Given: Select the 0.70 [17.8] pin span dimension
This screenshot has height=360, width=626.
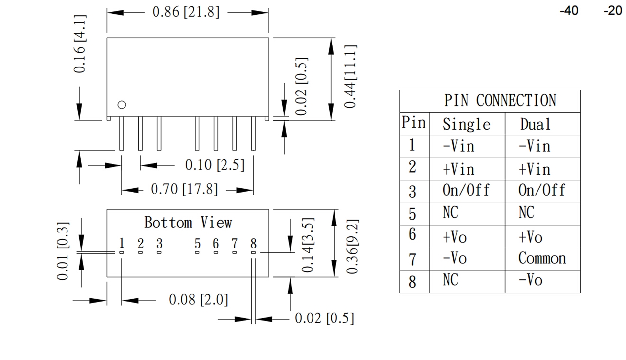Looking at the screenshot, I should (x=184, y=190).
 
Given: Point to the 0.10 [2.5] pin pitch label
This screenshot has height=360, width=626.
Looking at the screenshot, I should (x=214, y=165).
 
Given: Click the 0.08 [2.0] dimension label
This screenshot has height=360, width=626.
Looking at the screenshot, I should (x=198, y=300).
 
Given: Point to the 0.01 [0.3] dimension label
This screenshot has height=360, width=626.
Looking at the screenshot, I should (x=63, y=250).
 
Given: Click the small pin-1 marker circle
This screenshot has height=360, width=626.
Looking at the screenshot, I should (x=122, y=104).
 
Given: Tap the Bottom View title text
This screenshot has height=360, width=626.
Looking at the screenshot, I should (x=188, y=223).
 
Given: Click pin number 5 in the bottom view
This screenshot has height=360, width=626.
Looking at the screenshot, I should (x=197, y=243).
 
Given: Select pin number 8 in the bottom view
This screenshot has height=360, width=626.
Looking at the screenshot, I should (x=253, y=243).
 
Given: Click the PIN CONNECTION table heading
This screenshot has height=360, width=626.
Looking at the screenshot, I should (x=500, y=101).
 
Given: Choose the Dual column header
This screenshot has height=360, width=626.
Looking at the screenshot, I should (x=536, y=124).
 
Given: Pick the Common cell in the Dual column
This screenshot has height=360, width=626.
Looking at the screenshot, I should (x=542, y=258).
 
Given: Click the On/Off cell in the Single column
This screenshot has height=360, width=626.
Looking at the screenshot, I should (x=466, y=191).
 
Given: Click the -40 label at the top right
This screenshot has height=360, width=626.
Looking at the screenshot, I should (x=569, y=11).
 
